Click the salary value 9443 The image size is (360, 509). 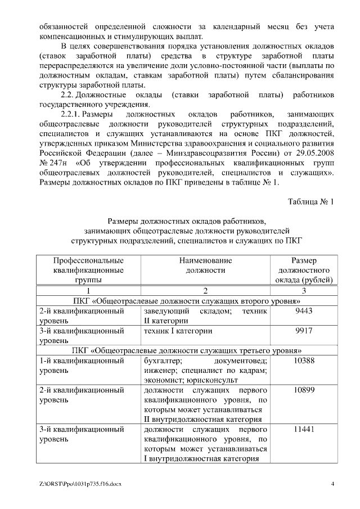coord(304,311)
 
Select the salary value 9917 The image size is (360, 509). coord(304,331)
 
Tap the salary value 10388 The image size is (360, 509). coord(304,361)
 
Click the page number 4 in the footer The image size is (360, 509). coord(332,484)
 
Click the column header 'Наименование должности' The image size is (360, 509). coord(205,265)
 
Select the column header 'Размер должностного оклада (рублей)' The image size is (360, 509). coord(304,270)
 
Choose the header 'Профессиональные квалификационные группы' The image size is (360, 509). coord(88,270)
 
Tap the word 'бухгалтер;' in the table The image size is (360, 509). coord(162,361)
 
